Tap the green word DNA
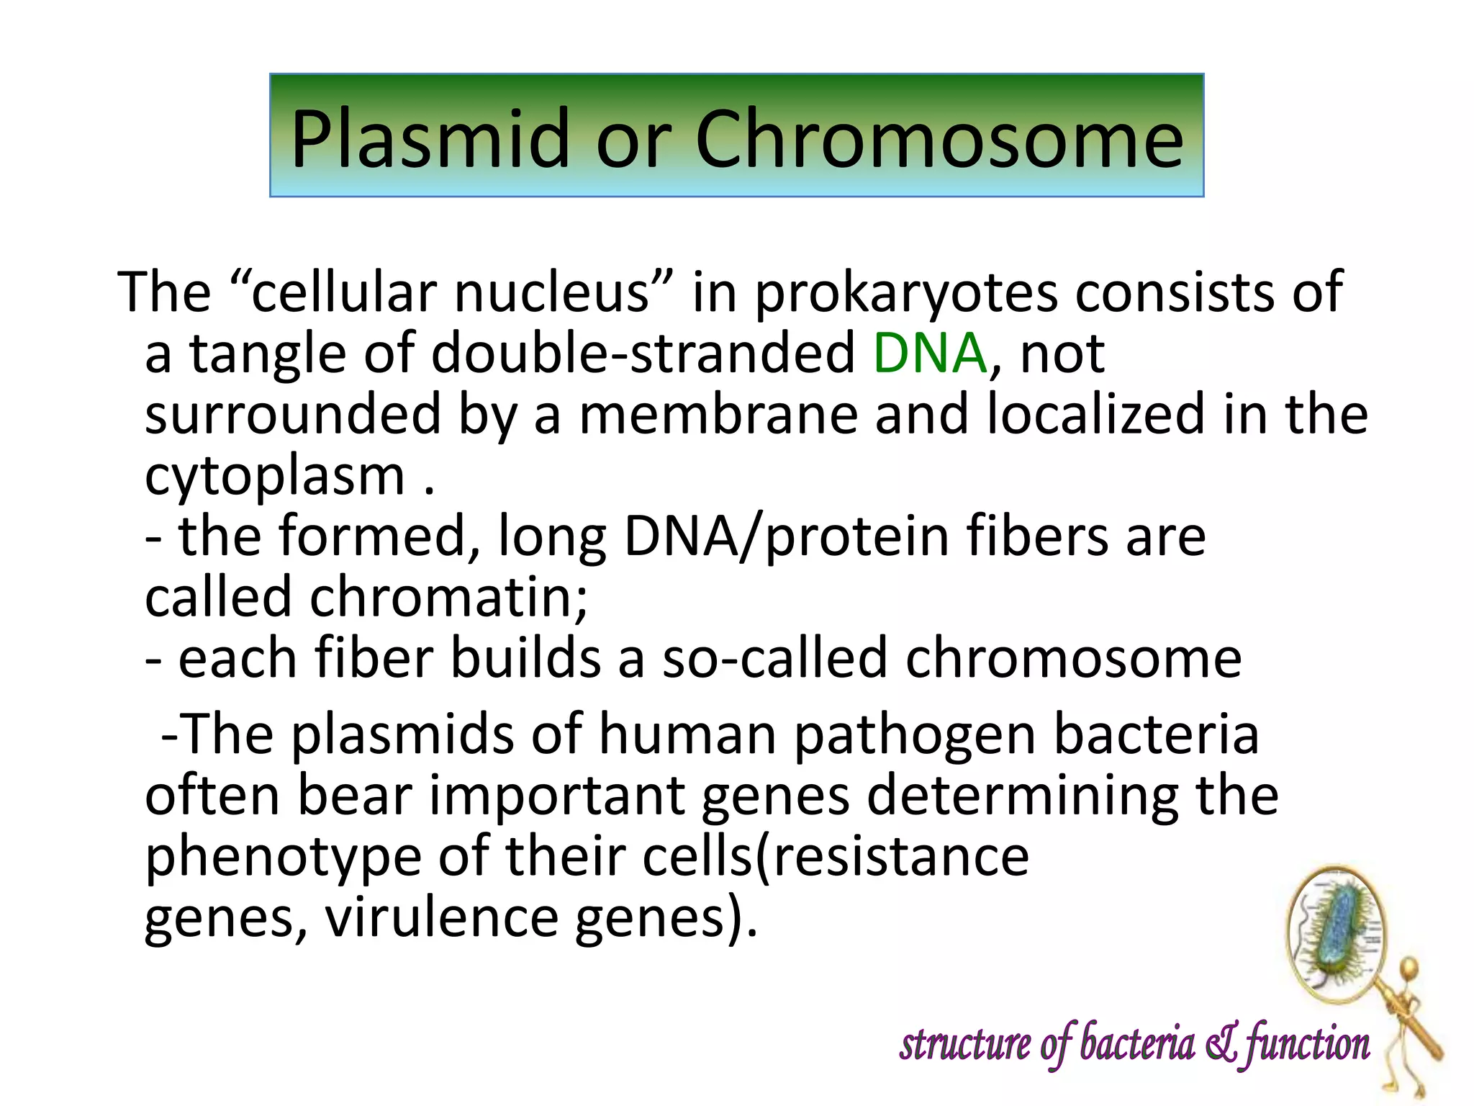[x=929, y=354]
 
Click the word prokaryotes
[x=906, y=292]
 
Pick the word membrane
[x=718, y=415]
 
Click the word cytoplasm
[x=275, y=477]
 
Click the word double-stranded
[x=643, y=354]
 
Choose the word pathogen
[x=914, y=735]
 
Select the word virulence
[x=441, y=918]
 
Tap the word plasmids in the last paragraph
[x=403, y=735]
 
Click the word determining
[x=1022, y=796]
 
